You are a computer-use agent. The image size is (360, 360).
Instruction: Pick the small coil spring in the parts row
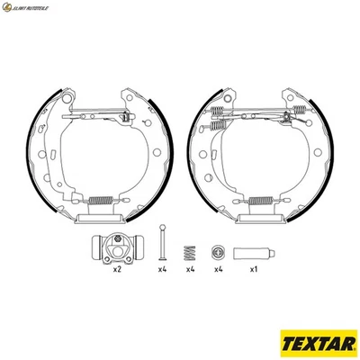pyautogui.click(x=190, y=252)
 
